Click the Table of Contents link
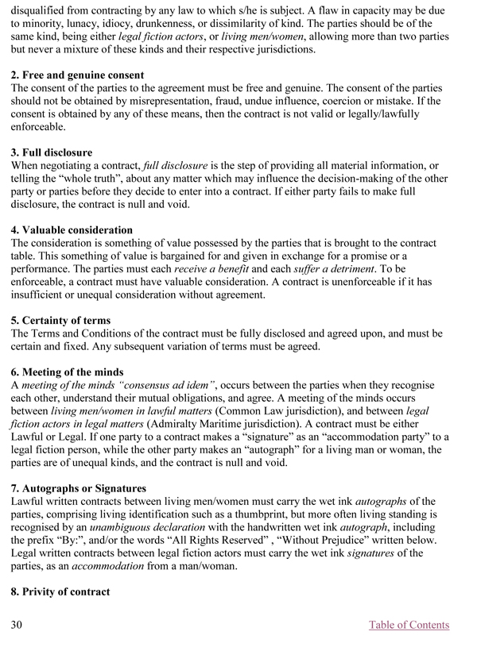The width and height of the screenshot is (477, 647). tap(409, 625)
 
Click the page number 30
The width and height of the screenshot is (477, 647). tap(17, 625)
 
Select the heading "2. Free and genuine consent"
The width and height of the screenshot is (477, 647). tap(77, 75)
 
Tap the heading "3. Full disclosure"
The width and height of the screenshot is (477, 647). tap(52, 152)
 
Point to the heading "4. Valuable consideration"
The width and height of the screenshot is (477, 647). tap(72, 230)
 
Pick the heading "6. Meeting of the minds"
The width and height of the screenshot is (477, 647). tap(67, 372)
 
